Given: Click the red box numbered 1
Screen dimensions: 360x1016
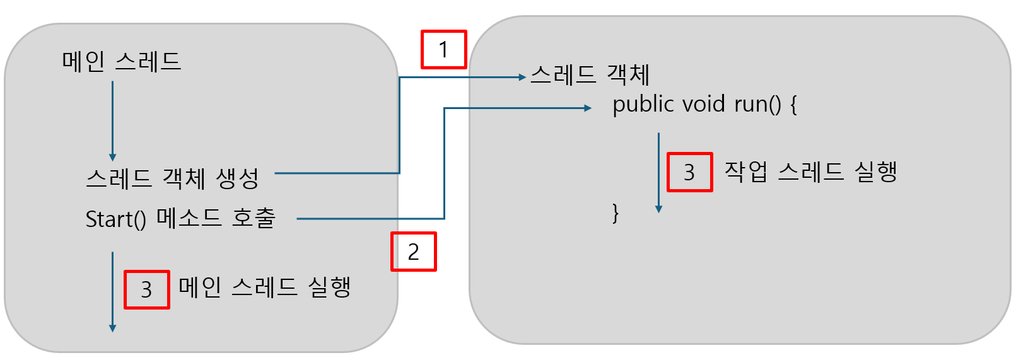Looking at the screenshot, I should [443, 49].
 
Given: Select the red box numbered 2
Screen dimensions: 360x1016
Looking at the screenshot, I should [413, 252].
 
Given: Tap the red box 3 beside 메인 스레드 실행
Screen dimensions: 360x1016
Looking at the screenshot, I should [146, 289].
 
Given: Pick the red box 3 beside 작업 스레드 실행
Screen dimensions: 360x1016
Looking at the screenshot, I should [689, 171].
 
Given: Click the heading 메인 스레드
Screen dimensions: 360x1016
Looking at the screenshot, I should [122, 62].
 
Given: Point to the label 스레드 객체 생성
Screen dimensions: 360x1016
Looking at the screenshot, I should [172, 178].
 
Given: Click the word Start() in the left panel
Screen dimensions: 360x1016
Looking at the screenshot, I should [115, 219].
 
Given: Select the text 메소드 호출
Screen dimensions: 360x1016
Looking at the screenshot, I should [216, 218].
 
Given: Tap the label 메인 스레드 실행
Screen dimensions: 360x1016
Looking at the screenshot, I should [264, 287].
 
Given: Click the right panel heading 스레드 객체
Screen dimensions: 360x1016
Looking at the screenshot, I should [590, 75].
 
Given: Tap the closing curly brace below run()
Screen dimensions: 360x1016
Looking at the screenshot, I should [616, 213].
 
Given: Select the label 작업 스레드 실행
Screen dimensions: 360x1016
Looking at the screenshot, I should [810, 171].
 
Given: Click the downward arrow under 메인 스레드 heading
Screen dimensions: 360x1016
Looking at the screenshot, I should [112, 120].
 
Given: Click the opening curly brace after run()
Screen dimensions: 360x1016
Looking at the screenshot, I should [793, 105].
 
